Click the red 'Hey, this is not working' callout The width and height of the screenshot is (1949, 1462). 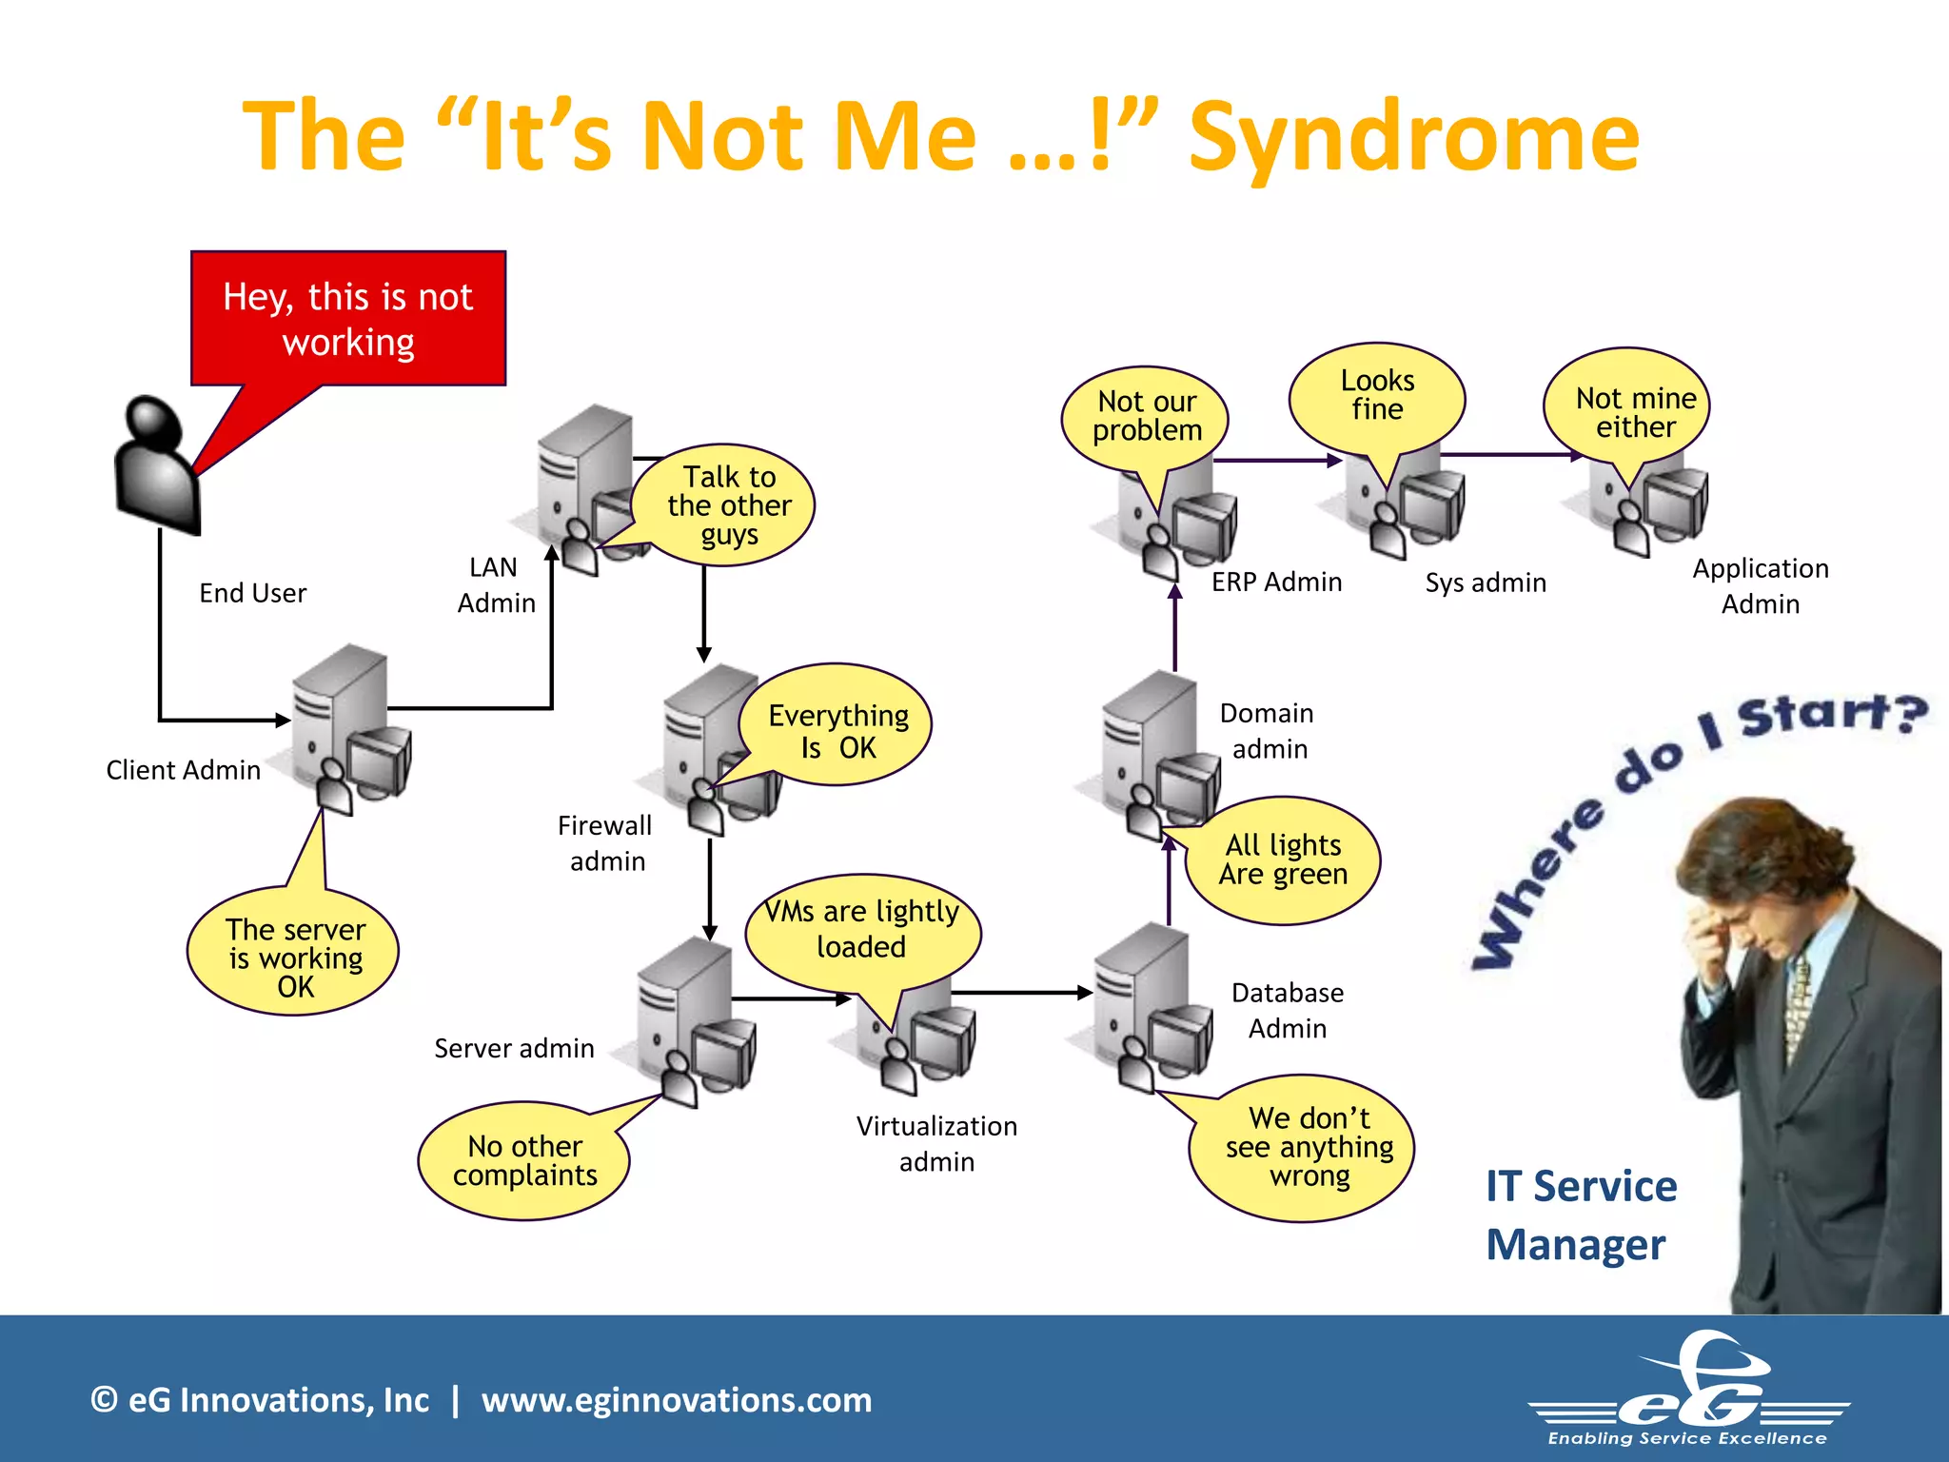(348, 319)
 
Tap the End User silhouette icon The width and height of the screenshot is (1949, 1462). (157, 466)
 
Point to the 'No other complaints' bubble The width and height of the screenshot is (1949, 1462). (524, 1160)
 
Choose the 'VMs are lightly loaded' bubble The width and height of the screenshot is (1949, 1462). (862, 929)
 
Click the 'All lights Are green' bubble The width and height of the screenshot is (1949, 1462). (1283, 859)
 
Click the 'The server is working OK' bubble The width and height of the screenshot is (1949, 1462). (295, 956)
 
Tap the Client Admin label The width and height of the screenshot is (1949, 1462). (183, 770)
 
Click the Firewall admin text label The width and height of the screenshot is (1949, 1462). (605, 843)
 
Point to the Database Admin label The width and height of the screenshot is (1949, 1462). (1287, 1010)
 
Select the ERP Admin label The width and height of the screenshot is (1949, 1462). (1276, 582)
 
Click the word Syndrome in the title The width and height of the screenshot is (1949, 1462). (1414, 137)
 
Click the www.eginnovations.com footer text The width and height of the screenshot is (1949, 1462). (677, 1400)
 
